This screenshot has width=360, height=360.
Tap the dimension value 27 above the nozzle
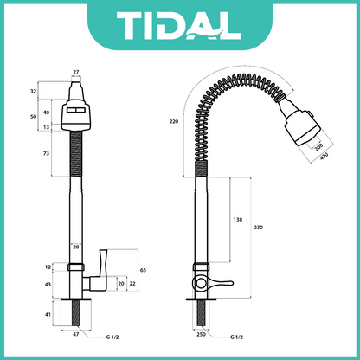[x=75, y=73]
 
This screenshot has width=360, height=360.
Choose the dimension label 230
[x=258, y=228]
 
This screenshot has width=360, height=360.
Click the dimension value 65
[x=143, y=271]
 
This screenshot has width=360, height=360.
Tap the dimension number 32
[x=32, y=90]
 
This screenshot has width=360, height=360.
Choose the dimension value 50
[x=32, y=115]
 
